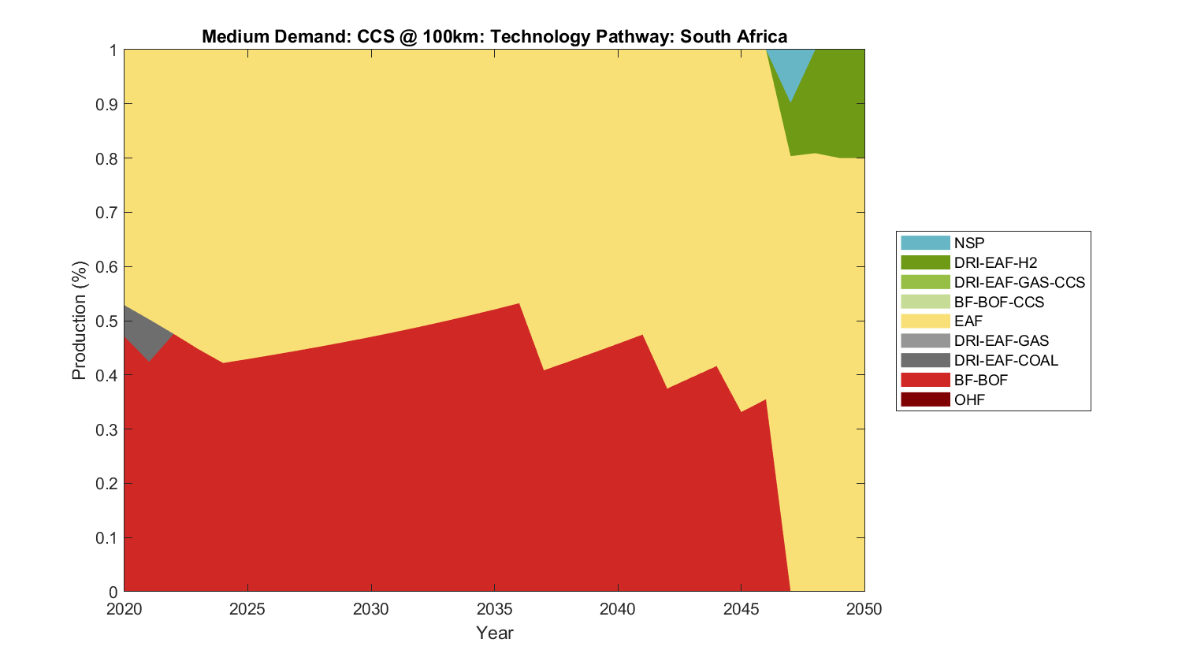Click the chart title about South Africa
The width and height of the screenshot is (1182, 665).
[494, 36]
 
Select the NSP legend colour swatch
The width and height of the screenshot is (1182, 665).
[925, 243]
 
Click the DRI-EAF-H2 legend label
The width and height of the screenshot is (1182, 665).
[995, 262]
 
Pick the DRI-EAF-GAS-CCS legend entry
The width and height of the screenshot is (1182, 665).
[1019, 282]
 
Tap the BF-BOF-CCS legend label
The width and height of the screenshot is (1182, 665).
[998, 302]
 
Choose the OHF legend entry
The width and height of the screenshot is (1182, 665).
[969, 399]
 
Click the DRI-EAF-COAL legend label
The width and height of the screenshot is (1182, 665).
[1005, 360]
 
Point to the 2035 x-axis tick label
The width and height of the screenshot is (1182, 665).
[494, 609]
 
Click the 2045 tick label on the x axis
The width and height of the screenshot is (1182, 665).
[741, 609]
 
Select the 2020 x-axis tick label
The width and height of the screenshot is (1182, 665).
[124, 609]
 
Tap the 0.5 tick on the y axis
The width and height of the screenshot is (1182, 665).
[108, 321]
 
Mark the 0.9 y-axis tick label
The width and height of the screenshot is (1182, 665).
[108, 104]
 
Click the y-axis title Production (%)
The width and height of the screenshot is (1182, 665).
[79, 321]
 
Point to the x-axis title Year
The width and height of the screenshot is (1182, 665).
[494, 633]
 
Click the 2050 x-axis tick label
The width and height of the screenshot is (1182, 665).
[864, 609]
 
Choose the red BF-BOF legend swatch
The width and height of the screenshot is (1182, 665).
[925, 380]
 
